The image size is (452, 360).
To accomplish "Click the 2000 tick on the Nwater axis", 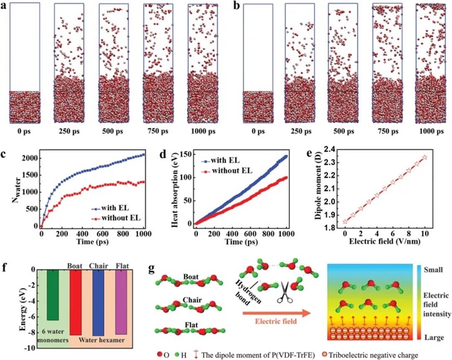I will [x=28, y=157].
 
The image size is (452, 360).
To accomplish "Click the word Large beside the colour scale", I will [x=421, y=335].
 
